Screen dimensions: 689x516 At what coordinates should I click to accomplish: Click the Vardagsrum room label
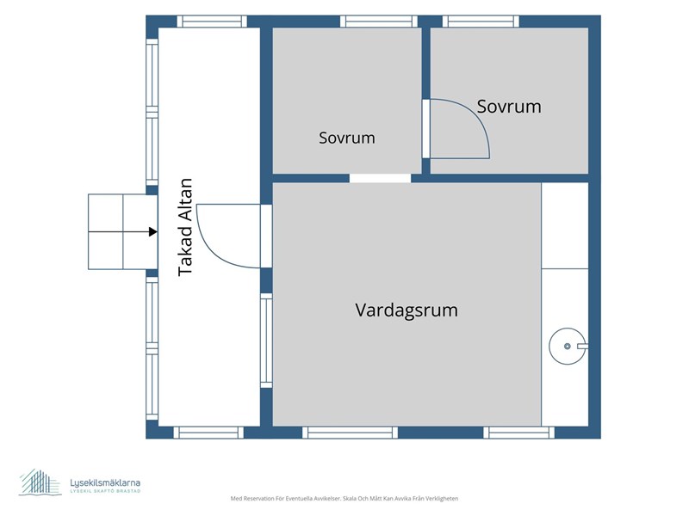tap(407, 310)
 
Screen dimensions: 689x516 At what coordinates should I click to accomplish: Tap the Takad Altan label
tap(185, 227)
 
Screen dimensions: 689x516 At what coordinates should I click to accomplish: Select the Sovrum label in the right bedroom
tap(509, 107)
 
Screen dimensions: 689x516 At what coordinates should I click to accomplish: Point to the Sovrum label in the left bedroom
tap(347, 138)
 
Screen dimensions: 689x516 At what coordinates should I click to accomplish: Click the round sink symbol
tap(568, 347)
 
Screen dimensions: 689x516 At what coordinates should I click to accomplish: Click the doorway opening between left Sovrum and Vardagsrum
tap(380, 178)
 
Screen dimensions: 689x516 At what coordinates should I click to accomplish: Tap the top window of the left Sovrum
tap(379, 21)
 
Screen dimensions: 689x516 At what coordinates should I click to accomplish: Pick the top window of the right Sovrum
tap(481, 21)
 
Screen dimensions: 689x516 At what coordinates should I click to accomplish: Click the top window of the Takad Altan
tap(212, 21)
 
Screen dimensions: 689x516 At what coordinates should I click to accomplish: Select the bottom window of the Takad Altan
tap(208, 433)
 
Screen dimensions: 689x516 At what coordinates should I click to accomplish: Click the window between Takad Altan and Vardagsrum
tap(266, 341)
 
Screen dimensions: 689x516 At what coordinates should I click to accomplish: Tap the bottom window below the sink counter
tap(519, 433)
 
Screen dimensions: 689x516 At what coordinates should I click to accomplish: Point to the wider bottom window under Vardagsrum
tap(350, 433)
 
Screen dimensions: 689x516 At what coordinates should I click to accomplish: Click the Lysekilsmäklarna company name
tap(105, 482)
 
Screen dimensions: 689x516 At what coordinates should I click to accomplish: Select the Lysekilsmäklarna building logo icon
tap(40, 482)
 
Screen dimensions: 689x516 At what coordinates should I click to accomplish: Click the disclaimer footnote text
tap(344, 499)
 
